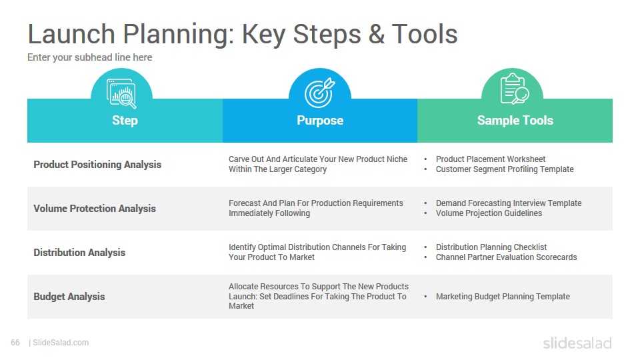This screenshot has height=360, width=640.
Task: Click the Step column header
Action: (125, 121)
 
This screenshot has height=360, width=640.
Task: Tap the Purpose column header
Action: (320, 121)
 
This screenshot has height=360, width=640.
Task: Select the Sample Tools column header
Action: (515, 121)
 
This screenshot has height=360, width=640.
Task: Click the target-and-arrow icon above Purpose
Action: (320, 93)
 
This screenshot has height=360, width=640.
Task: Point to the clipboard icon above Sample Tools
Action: (515, 89)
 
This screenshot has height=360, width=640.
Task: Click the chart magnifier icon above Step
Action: (121, 93)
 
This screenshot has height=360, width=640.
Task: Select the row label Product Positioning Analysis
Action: (97, 165)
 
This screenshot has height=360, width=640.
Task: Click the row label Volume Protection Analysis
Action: (95, 209)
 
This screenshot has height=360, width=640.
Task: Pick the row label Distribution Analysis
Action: (79, 253)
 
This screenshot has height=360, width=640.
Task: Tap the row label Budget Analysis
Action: (69, 297)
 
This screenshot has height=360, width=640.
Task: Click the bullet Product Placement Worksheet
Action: (491, 159)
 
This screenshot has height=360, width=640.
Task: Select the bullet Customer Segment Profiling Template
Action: (505, 169)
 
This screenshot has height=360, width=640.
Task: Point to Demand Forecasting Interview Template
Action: (509, 203)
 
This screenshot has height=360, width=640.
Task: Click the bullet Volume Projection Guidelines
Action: (489, 213)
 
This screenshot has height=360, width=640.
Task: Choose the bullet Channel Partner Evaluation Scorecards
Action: (506, 257)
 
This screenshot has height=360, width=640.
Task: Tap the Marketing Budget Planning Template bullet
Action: (503, 297)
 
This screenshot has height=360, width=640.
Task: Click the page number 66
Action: (15, 343)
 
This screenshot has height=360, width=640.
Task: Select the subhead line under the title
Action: (90, 57)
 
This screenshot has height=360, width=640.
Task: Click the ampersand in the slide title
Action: (376, 34)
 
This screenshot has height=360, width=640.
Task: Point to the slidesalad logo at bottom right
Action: (577, 343)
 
